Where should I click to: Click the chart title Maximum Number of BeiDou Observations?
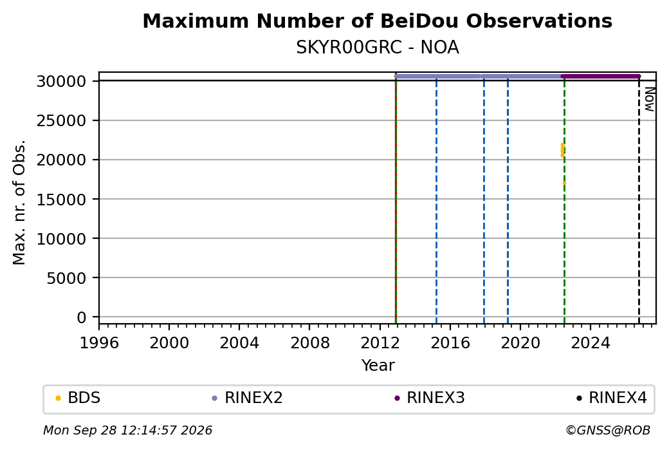pos(377,21)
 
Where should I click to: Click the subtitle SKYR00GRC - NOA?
pos(377,48)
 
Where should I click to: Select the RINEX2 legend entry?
pos(248,398)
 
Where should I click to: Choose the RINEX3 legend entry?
pos(430,398)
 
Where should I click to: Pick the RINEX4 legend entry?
pos(612,398)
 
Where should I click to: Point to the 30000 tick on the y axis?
pos(62,81)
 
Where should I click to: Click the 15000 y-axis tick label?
pos(62,200)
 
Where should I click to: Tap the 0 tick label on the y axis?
pos(82,317)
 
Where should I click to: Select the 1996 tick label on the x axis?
pos(99,343)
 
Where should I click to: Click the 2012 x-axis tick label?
pos(380,343)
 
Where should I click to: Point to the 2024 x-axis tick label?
pos(591,343)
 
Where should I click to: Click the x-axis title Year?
pos(378,366)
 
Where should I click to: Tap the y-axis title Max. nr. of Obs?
pos(19,202)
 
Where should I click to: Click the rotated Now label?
pos(649,99)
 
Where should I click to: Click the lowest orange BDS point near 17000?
pos(564,183)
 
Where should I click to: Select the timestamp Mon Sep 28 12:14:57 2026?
pos(127,430)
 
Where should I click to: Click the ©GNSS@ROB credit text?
pos(608,430)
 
